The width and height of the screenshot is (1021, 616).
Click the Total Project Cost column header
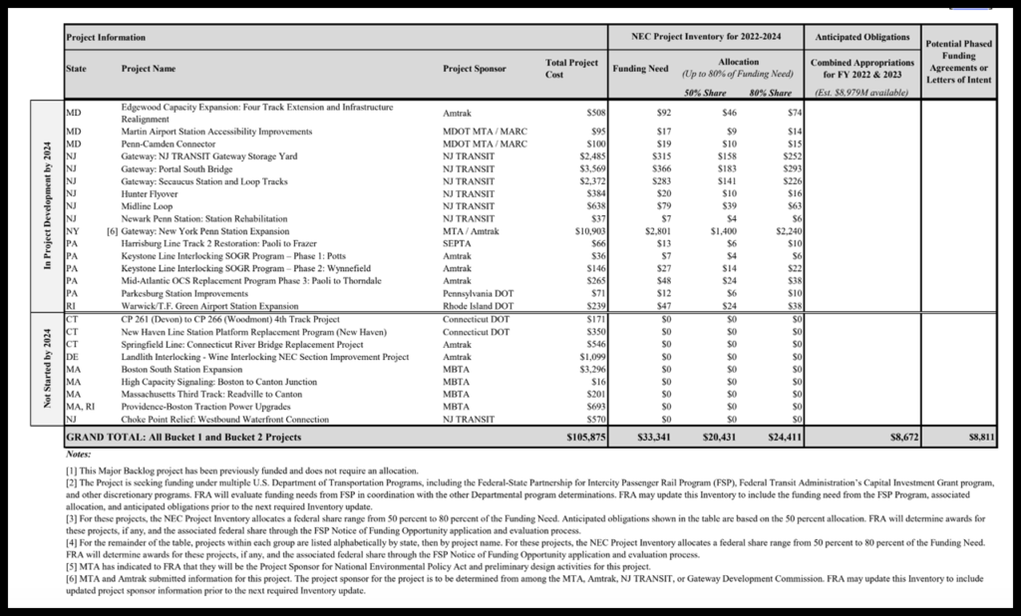coord(572,69)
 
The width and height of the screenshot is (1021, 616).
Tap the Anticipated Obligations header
coord(862,37)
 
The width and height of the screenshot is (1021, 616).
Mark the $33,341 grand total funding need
coord(655,438)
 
